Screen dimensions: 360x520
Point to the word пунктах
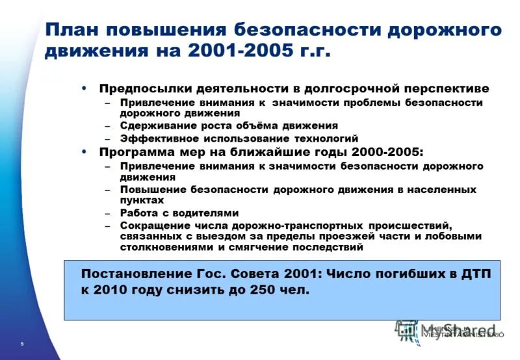142,200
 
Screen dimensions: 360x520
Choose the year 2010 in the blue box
111,290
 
